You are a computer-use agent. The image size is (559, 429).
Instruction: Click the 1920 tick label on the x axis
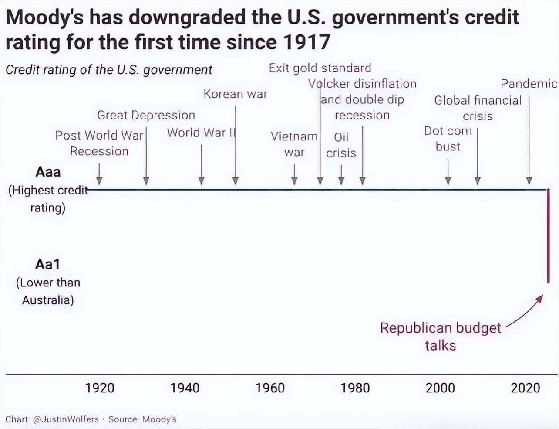click(100, 388)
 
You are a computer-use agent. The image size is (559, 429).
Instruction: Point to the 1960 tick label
click(270, 388)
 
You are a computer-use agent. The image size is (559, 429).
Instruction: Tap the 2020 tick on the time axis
click(525, 388)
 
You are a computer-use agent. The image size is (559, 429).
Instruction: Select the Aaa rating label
click(48, 172)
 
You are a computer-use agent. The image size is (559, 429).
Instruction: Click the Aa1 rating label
click(47, 264)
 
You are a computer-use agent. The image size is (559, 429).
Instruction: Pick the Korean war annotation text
click(235, 94)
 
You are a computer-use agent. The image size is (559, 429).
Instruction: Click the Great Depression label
click(146, 115)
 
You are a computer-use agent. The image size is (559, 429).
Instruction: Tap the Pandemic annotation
click(529, 84)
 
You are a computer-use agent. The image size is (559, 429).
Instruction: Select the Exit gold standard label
click(320, 68)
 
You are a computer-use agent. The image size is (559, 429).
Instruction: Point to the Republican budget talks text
click(440, 336)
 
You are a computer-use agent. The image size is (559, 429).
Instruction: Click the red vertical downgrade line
click(548, 235)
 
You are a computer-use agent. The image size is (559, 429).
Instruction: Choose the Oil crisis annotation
click(341, 145)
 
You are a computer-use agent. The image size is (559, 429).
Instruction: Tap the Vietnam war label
click(294, 144)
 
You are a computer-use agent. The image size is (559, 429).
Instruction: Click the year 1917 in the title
click(307, 42)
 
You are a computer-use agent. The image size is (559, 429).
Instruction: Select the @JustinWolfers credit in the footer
click(66, 419)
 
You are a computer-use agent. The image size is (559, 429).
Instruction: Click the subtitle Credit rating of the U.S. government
click(109, 70)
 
